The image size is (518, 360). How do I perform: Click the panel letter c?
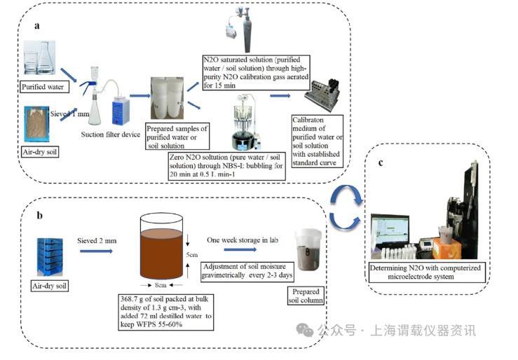coord(381,164)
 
